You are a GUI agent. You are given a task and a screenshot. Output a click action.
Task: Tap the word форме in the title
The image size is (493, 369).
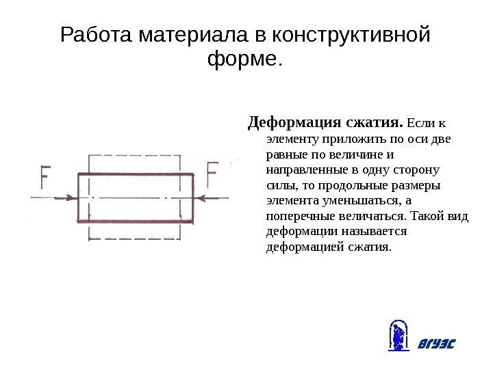click(241, 61)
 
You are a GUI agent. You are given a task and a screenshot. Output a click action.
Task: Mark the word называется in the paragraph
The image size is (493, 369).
click(360, 232)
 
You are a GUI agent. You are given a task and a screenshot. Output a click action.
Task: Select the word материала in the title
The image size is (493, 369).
click(194, 35)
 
